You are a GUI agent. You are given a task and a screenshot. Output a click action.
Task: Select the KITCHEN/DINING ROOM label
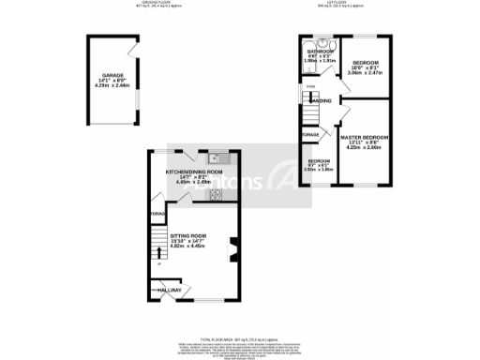194,172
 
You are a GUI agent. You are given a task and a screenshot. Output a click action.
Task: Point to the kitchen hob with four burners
215,195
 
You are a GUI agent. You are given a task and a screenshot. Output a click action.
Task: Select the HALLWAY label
170,291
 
